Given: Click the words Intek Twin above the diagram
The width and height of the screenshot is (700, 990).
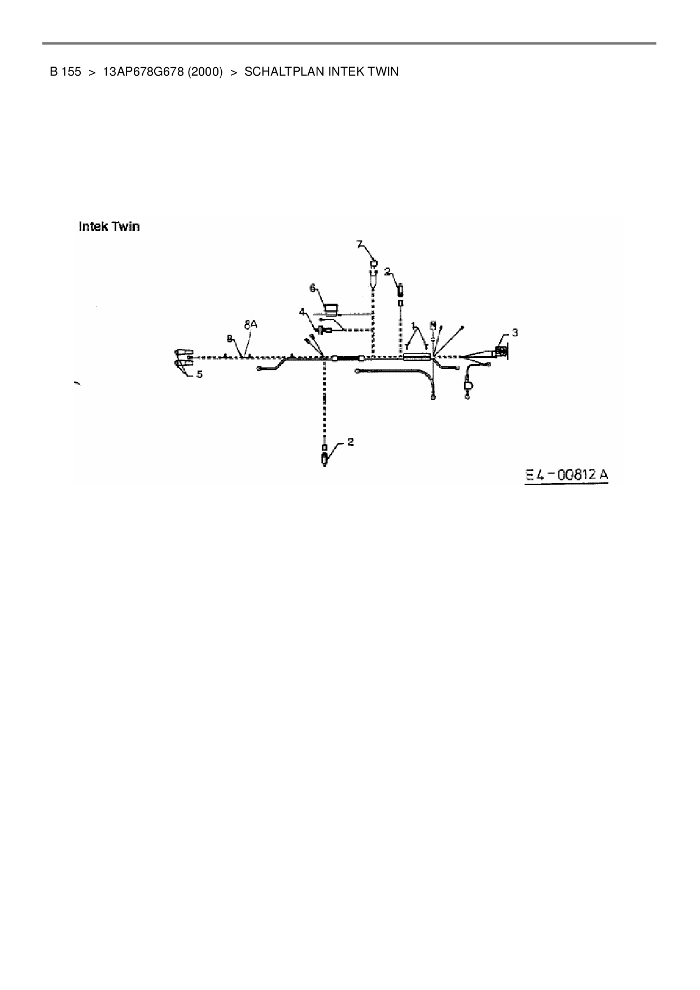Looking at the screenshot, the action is [x=109, y=227].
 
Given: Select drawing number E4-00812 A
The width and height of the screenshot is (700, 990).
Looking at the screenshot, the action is [x=566, y=475].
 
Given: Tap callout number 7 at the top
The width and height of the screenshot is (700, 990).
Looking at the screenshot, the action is [x=360, y=244].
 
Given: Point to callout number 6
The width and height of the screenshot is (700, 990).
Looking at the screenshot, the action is [x=312, y=288].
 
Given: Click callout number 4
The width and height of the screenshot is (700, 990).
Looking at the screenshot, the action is [x=303, y=311].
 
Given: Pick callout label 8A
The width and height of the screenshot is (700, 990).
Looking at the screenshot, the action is [x=250, y=325].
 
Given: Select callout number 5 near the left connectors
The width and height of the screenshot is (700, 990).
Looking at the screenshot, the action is [x=199, y=374].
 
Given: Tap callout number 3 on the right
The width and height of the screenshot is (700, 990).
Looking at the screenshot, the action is [x=514, y=333].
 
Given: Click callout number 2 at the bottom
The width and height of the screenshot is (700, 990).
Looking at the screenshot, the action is [x=351, y=441].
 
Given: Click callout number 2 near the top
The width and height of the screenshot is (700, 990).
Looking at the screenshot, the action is [x=387, y=271].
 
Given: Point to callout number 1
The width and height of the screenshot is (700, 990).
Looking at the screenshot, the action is [x=414, y=326].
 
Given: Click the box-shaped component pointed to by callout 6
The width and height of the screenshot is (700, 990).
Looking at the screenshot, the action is [x=331, y=308].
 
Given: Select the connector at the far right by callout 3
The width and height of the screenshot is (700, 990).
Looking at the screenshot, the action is [x=501, y=353].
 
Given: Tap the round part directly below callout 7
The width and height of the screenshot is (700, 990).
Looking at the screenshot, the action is [x=373, y=262].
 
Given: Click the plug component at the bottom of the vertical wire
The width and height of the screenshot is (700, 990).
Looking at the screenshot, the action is [x=324, y=457].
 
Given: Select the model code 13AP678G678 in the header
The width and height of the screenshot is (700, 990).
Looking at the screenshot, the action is [x=143, y=72].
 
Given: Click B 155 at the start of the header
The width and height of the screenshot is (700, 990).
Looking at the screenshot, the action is [x=65, y=72].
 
